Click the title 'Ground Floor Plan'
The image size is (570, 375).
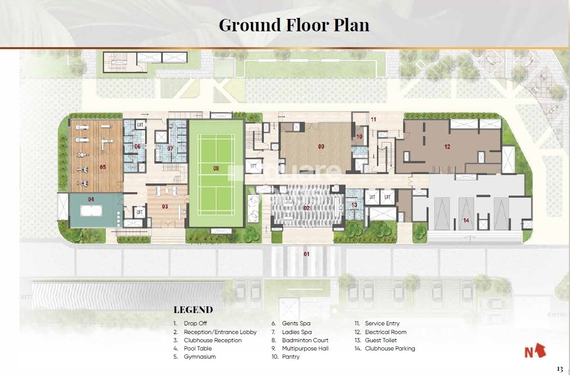294,25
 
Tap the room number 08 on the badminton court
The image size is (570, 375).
216,168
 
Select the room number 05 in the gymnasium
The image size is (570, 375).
102,166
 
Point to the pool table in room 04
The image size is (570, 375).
91,211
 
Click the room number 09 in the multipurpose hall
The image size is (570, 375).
321,147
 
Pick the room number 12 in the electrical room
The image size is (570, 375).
447,147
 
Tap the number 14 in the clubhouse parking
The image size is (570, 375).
466,220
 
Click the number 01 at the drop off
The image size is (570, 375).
307,254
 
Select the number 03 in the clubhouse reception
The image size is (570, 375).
164,206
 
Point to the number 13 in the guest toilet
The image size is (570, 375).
354,205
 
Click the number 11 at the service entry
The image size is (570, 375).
373,119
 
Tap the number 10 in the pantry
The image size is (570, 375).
359,136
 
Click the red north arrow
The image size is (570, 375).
535,351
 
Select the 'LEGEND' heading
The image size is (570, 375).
193,309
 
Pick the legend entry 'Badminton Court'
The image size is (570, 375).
305,340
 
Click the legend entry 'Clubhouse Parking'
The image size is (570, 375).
390,348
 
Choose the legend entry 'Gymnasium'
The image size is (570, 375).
200,357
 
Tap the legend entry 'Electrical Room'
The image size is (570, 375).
386,332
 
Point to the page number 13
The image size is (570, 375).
559,369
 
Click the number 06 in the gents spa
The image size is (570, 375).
137,147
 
